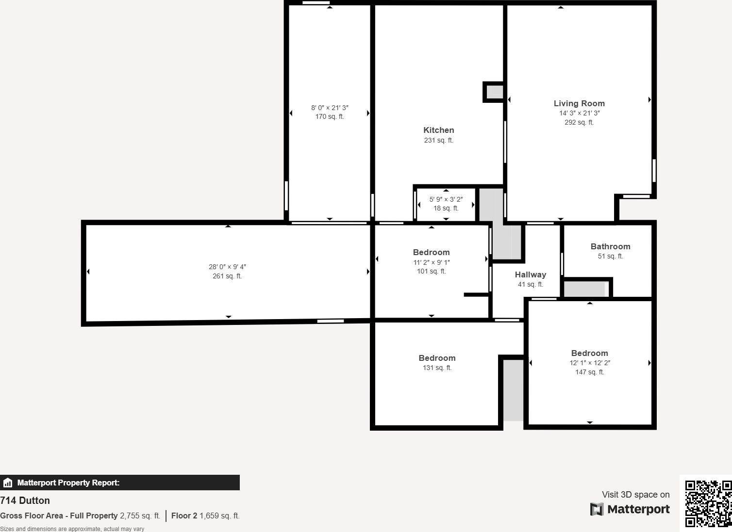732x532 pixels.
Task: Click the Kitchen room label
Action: [438, 130]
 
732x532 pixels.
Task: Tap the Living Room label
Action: [579, 103]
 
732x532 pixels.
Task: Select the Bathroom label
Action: [610, 246]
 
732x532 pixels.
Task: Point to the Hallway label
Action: [530, 274]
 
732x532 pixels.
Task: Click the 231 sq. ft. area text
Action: [438, 140]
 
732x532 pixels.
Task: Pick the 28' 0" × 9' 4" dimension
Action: [227, 267]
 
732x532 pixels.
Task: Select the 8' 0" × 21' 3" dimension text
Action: [330, 108]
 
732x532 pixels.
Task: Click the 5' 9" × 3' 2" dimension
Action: [446, 199]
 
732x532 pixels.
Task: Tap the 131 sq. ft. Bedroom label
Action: [437, 358]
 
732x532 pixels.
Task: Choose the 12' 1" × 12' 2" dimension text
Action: [589, 363]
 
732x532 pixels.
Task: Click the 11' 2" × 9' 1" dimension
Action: [431, 262]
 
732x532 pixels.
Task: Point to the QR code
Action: [708, 503]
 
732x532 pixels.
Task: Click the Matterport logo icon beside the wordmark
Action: [597, 509]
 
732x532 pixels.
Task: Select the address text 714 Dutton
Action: [25, 500]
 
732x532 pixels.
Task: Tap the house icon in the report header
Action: [7, 483]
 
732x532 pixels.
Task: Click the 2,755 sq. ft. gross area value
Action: [140, 516]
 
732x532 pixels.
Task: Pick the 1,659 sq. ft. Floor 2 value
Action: [219, 516]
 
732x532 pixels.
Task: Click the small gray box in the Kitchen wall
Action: [494, 92]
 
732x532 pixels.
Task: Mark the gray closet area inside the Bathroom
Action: [585, 289]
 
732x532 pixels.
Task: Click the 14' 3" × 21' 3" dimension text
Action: [579, 113]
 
